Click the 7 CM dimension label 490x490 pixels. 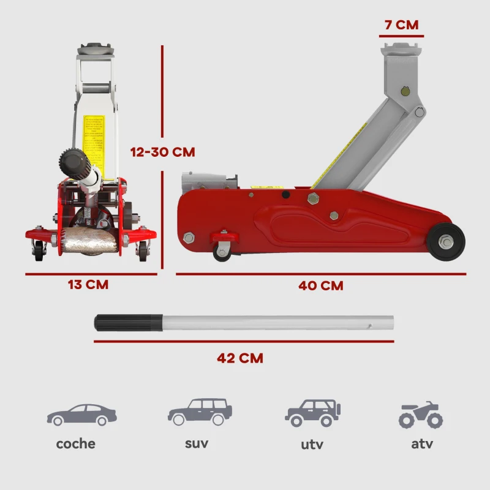(x=401, y=25)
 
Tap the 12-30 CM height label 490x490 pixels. (x=162, y=152)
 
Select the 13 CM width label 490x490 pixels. (x=88, y=284)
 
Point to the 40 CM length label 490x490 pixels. (x=321, y=285)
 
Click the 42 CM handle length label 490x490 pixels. (x=240, y=358)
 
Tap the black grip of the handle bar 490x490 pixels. (x=127, y=322)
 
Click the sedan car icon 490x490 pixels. (x=81, y=415)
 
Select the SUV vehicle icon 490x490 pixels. (x=200, y=412)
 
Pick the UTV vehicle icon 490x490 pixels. (x=312, y=413)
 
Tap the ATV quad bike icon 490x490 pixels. (x=421, y=415)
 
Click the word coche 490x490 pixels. (x=76, y=443)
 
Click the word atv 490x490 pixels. (x=421, y=443)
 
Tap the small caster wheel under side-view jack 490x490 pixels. (x=222, y=251)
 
